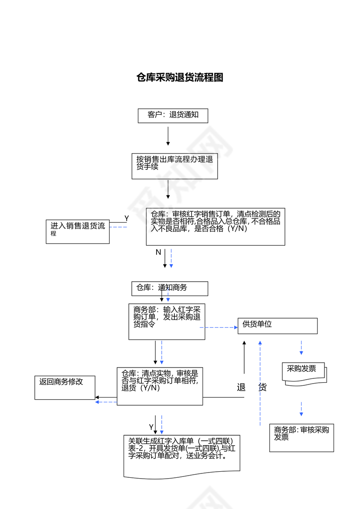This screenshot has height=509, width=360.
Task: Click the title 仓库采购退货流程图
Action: (180, 78)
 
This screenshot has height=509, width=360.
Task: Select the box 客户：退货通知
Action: (173, 115)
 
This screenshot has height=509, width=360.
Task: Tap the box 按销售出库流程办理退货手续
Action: (174, 166)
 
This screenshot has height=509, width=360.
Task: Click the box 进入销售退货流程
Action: (78, 231)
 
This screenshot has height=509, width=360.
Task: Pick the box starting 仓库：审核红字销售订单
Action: (216, 226)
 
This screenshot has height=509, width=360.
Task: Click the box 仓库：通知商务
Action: (170, 288)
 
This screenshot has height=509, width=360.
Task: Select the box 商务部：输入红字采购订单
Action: (167, 322)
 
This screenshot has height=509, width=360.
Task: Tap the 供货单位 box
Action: (277, 325)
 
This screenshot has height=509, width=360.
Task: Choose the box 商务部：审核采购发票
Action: (301, 437)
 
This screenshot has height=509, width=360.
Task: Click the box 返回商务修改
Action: (65, 387)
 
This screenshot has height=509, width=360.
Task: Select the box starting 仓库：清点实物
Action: (160, 386)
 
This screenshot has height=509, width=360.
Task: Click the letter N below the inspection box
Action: (158, 252)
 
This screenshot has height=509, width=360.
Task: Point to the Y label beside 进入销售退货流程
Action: (127, 218)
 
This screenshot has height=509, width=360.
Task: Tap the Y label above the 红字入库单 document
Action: (151, 427)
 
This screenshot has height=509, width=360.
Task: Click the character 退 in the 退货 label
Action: (242, 387)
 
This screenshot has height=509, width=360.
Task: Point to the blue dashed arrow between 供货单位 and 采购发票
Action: (301, 348)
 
